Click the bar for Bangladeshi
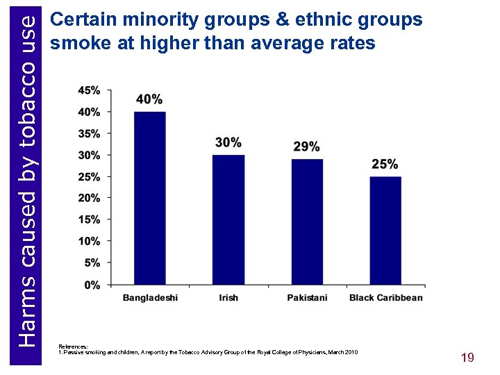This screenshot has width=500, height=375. tap(149, 198)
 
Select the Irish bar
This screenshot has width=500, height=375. tap(228, 219)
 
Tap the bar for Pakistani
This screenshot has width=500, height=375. tap(307, 222)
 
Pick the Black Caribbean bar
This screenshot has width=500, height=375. tap(385, 231)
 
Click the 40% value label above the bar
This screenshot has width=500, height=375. tap(149, 99)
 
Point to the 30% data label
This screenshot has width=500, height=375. tap(228, 142)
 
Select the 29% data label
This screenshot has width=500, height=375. tap(307, 147)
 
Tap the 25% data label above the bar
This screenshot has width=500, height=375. tap(385, 164)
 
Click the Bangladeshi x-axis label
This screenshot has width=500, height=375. tap(150, 298)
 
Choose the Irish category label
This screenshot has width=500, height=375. tap(228, 298)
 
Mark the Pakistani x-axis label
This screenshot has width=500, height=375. tap(307, 298)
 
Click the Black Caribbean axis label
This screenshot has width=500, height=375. tap(385, 298)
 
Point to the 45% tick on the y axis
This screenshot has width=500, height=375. tap(90, 90)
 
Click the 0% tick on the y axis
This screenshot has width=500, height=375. tap(92, 285)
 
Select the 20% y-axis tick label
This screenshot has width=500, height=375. tap(90, 198)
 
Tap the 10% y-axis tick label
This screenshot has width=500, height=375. tap(90, 241)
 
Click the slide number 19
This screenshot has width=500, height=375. tap(467, 358)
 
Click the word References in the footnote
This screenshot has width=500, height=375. tap(73, 346)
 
